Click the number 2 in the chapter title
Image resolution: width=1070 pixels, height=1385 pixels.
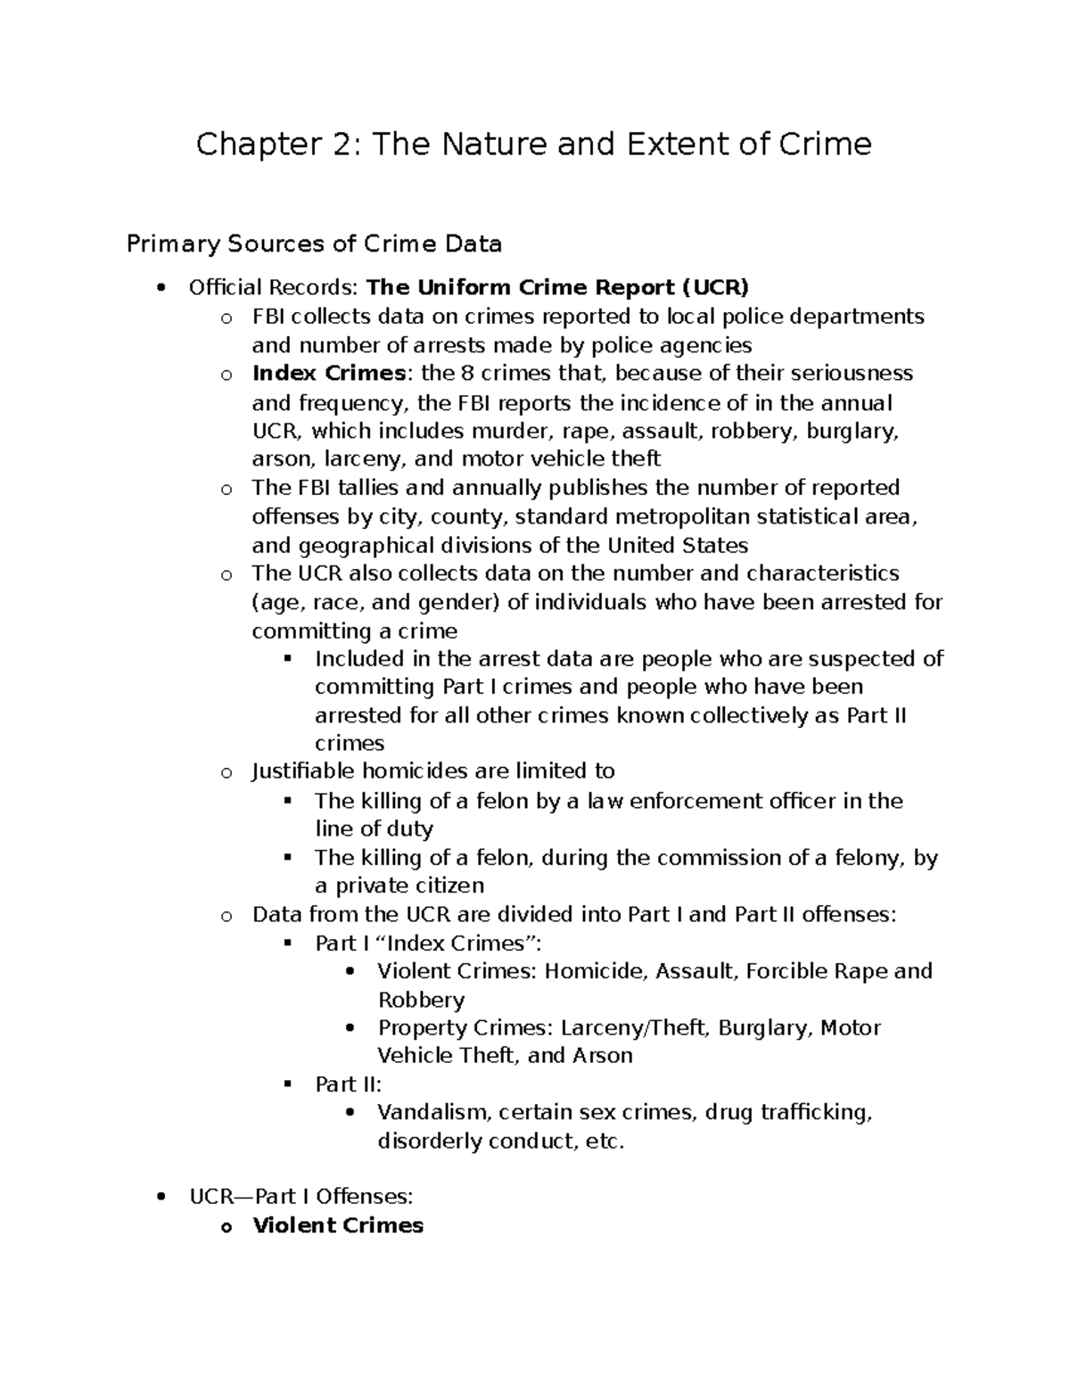pos(309,144)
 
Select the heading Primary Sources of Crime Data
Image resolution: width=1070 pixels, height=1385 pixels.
pos(314,243)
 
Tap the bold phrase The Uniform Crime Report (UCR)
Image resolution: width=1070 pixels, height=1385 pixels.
pos(558,287)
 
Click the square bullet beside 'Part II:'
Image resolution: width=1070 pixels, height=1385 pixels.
pos(287,1084)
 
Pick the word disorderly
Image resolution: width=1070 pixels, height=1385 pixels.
pos(429,1142)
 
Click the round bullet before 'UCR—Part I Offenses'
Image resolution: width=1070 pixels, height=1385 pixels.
pos(161,1198)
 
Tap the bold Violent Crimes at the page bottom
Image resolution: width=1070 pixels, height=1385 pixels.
pos(338,1225)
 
